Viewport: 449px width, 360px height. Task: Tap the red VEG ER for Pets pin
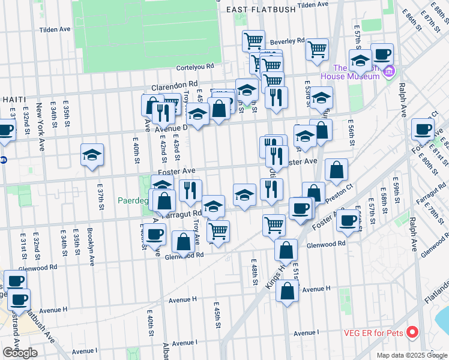412,332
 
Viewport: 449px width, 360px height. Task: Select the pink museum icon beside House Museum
390,71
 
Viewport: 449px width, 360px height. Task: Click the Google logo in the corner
20,353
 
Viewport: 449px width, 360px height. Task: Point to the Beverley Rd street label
287,41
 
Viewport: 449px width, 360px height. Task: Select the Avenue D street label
171,127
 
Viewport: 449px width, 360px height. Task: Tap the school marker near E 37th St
92,155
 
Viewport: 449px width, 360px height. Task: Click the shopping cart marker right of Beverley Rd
317,49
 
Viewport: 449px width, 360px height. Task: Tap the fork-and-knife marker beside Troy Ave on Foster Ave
190,190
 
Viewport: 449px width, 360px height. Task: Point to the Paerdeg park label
136,200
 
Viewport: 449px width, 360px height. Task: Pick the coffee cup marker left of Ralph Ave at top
382,54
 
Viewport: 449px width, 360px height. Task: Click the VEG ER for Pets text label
376,333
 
